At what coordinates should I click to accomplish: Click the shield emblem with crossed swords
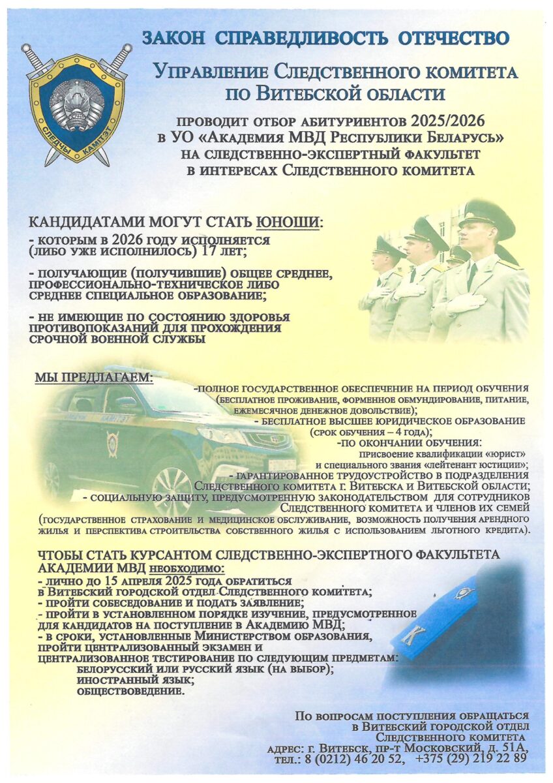click(76, 104)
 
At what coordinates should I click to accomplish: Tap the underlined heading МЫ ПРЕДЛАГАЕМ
click(93, 378)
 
